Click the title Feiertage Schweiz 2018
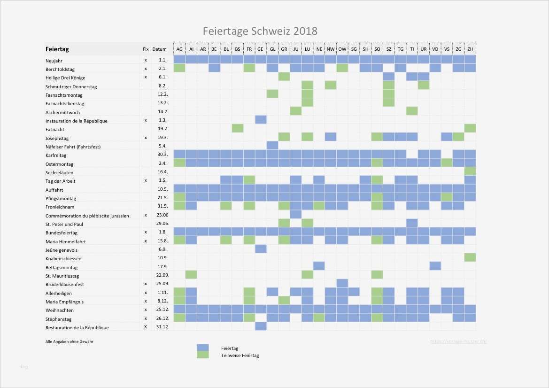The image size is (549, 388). pos(260,31)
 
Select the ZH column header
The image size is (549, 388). pos(470,49)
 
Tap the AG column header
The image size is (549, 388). pos(179,49)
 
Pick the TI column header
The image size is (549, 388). pos(412,49)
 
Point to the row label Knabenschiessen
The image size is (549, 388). pos(63,259)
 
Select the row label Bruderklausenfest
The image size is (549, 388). pos(65,284)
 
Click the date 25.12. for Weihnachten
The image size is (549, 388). pos(162,310)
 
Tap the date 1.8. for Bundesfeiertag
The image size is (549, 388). pos(163,233)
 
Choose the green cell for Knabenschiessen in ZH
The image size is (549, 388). pos(470,257)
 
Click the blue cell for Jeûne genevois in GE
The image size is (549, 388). pos(261,248)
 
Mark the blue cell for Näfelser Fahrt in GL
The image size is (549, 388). pos(272,145)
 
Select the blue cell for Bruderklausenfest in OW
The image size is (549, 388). pos(342,283)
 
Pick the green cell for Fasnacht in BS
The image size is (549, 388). pos(238,128)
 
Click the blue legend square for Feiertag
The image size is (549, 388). pos(202,348)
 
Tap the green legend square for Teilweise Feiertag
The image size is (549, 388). pos(202,355)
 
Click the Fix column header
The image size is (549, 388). pos(146,49)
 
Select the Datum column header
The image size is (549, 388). pos(160,49)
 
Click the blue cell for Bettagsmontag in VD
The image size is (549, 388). pos(435,266)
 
